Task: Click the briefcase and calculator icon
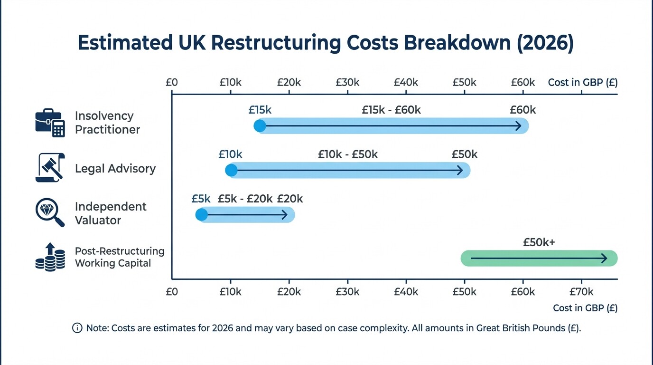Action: (x=50, y=123)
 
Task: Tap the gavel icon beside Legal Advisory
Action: (x=50, y=168)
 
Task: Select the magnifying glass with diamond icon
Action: (x=50, y=212)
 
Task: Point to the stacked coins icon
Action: (x=50, y=257)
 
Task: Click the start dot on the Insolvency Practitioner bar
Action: (x=260, y=126)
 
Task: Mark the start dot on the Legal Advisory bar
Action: (x=231, y=171)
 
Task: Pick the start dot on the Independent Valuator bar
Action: (x=202, y=215)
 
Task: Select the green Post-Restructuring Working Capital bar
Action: (x=539, y=258)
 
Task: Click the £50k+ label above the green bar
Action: (x=539, y=242)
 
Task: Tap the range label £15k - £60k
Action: (x=391, y=110)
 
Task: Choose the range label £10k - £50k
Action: (x=348, y=154)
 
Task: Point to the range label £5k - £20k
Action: (x=245, y=199)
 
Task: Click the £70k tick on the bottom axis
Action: (x=581, y=292)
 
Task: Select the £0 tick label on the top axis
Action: (x=172, y=82)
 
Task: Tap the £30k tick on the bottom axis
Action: (x=347, y=292)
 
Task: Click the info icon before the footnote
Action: (x=77, y=328)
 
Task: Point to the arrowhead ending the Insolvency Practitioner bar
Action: (x=519, y=126)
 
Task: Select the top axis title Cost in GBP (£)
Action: (x=582, y=82)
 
